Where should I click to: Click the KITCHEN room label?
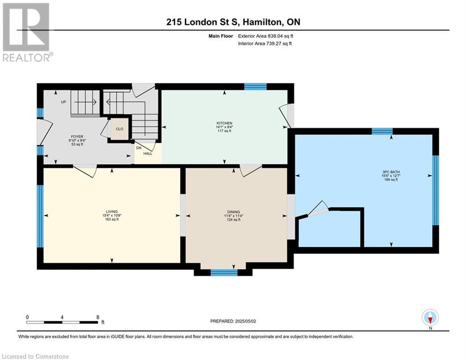[224, 123]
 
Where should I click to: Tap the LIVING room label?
[112, 212]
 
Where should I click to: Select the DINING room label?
[234, 212]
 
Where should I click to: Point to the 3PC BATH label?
[391, 172]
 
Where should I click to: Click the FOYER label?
[77, 137]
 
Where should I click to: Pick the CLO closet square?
[119, 129]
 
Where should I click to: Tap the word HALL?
[148, 154]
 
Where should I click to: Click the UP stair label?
[63, 102]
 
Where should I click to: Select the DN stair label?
[139, 148]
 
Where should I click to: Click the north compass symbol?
[430, 317]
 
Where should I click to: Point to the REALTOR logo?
[26, 32]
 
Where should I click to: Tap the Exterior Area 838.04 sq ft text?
[266, 36]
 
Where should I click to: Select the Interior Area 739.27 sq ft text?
[265, 44]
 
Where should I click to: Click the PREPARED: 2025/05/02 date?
[233, 321]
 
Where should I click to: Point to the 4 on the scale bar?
[62, 317]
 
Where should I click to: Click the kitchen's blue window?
[255, 87]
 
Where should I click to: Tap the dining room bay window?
[224, 272]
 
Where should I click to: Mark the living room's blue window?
[40, 216]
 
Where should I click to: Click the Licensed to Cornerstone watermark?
[35, 356]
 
